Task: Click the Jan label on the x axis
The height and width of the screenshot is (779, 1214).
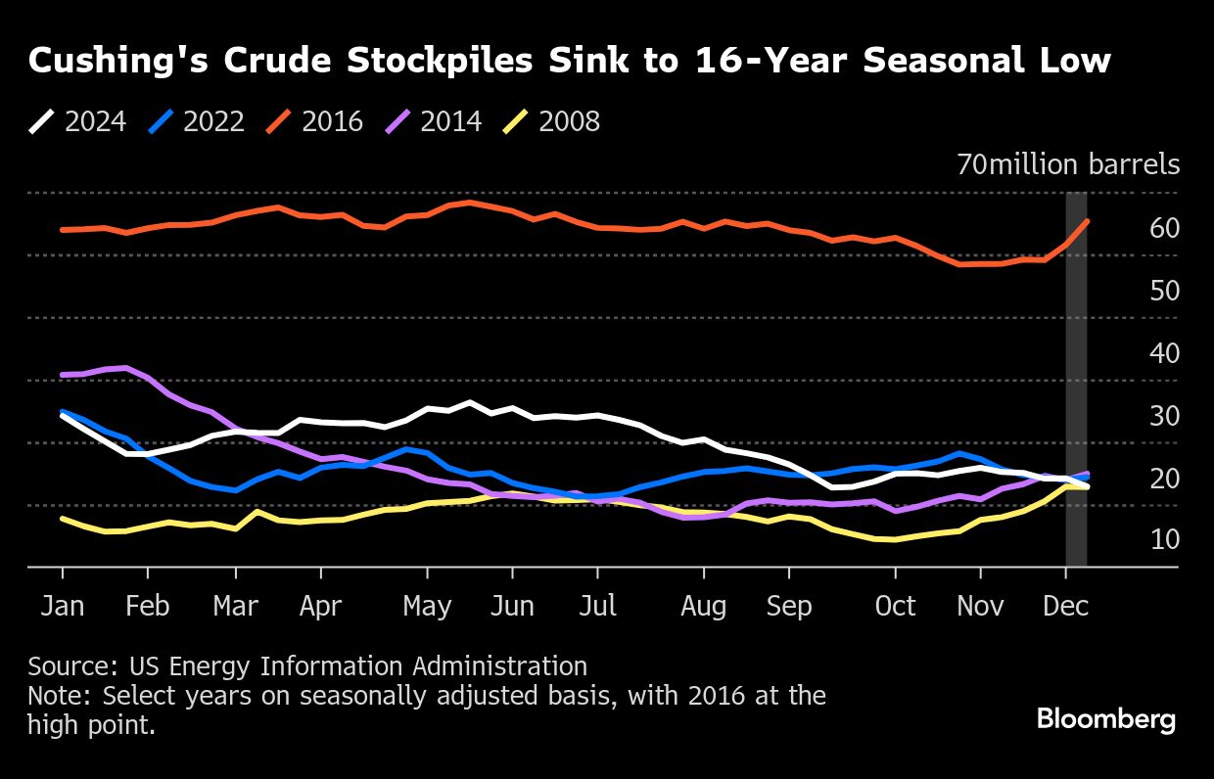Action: pos(63,606)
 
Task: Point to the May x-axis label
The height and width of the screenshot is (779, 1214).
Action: pos(427,606)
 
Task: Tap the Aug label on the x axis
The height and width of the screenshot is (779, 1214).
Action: pos(703,606)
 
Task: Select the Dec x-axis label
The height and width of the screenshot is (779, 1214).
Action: pos(1066,606)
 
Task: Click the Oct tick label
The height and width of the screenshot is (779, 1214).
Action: pos(895,606)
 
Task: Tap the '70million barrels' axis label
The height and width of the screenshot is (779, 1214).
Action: pos(1068,164)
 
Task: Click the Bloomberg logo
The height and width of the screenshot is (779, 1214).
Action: pos(1106,720)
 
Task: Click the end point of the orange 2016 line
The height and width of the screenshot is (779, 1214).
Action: pos(1087,221)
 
